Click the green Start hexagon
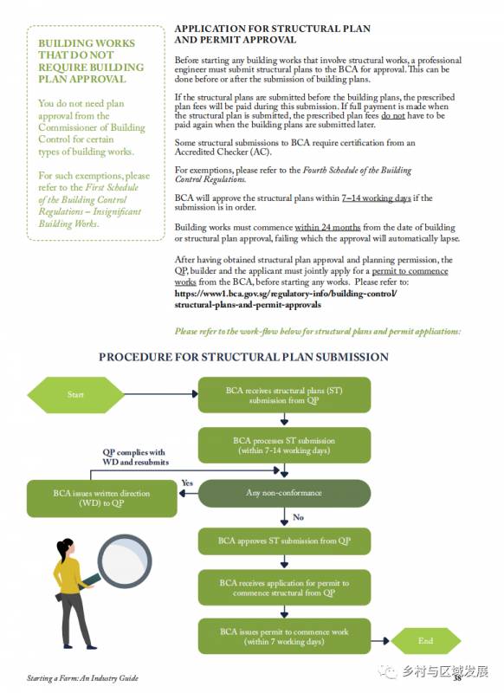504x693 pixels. click(x=75, y=395)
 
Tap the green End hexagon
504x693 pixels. click(x=426, y=641)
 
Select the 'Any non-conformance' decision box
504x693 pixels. click(x=284, y=493)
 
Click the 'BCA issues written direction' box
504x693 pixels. click(x=101, y=498)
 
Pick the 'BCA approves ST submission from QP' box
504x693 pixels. click(x=284, y=541)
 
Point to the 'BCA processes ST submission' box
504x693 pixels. click(x=284, y=445)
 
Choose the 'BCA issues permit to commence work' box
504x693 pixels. click(x=284, y=637)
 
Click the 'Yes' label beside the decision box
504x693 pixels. click(x=187, y=483)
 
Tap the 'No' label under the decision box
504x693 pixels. click(x=298, y=517)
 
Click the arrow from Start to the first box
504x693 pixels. click(x=161, y=394)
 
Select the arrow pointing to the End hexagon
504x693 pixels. click(x=380, y=641)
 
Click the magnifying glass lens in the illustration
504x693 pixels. click(x=125, y=560)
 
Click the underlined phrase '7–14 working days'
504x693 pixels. click(x=376, y=198)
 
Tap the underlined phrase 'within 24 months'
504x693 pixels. click(x=327, y=227)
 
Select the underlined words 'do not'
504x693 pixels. click(x=392, y=115)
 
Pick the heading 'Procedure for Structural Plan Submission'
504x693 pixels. click(x=243, y=357)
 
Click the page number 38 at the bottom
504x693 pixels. click(x=457, y=677)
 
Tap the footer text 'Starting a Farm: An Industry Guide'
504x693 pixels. click(x=82, y=678)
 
